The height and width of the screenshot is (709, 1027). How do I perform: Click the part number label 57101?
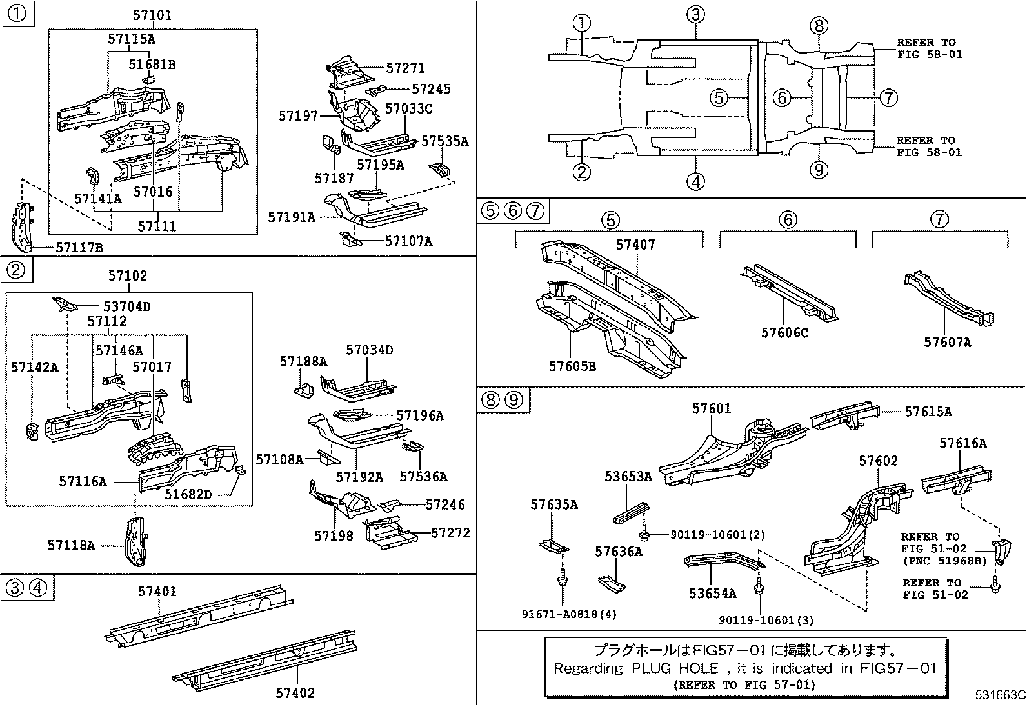point(154,15)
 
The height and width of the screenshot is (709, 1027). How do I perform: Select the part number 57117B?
point(79,247)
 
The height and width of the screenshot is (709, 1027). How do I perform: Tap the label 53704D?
point(126,306)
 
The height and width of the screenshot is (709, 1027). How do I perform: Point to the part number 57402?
point(295,693)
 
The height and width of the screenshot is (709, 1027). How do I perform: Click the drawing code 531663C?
point(999,695)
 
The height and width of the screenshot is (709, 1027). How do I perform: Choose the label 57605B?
point(572,366)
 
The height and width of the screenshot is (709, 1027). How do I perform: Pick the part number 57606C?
point(784,333)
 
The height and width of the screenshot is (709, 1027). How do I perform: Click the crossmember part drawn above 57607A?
point(948,299)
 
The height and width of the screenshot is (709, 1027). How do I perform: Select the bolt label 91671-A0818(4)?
point(569,614)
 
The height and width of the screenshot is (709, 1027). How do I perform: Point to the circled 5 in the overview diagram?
point(719,98)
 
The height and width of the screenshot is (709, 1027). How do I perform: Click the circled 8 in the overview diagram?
point(818,26)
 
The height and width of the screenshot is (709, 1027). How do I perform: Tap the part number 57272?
point(450,533)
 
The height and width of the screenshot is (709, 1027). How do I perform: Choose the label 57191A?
point(292,217)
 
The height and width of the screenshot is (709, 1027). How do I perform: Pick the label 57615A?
point(928,412)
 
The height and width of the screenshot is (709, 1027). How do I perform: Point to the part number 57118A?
point(71,545)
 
